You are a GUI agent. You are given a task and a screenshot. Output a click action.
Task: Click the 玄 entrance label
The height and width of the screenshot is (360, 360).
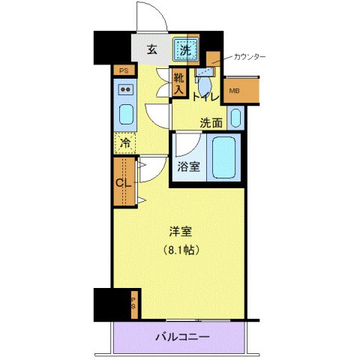[x=151, y=51]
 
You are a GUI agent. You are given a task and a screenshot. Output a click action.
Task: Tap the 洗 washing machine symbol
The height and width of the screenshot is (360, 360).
[x=184, y=51]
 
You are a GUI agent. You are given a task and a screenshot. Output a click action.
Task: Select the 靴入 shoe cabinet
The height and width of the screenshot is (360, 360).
[x=178, y=82]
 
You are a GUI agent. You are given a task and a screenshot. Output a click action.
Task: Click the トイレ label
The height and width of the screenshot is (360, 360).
[x=205, y=97]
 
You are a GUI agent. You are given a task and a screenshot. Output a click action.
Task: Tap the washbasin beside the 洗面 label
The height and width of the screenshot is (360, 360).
[x=235, y=118]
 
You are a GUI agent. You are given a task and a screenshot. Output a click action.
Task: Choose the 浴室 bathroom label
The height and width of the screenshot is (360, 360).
[x=188, y=166]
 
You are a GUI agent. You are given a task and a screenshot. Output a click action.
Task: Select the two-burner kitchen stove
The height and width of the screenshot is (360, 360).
[x=124, y=92]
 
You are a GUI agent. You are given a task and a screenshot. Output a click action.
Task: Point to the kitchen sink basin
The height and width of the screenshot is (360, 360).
[x=124, y=117]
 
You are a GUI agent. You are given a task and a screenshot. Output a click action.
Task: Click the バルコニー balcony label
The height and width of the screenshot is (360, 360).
[x=181, y=337]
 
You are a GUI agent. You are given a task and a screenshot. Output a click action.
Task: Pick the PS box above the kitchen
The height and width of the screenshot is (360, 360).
[x=124, y=70]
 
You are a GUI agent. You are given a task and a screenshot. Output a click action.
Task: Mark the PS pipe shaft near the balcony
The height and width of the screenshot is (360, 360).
[x=134, y=302]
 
